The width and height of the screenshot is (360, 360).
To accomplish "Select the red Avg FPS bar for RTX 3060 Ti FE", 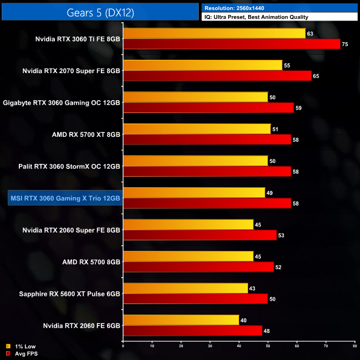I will [x=232, y=44].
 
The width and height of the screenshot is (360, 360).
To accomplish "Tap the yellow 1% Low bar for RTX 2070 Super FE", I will [x=203, y=65].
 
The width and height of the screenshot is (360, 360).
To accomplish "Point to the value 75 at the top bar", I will [x=345, y=44].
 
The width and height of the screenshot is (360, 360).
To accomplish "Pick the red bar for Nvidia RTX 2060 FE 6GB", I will [x=192, y=331].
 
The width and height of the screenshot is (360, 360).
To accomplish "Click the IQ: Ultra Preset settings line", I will [x=256, y=17].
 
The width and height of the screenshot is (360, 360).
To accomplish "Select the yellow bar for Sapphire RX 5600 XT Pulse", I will [x=185, y=288].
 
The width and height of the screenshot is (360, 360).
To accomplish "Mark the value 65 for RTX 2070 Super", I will [x=316, y=75].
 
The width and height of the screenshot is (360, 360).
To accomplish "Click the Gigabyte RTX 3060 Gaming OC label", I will [x=61, y=102].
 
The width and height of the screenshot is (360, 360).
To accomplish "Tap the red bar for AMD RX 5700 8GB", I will [x=198, y=267].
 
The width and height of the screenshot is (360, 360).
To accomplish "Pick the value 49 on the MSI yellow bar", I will [x=269, y=193].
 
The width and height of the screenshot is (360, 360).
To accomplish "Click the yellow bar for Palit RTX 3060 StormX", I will [x=196, y=161].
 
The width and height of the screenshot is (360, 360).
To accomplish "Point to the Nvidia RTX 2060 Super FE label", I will [x=71, y=229].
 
